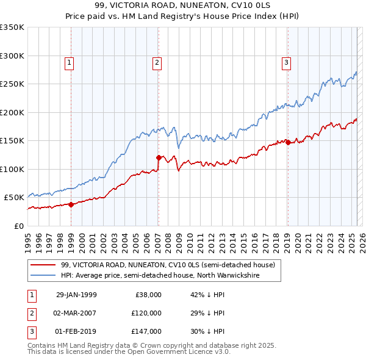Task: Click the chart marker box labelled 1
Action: [69, 62]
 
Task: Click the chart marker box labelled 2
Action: [157, 62]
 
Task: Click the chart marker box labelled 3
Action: [286, 62]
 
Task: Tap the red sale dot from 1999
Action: [71, 204]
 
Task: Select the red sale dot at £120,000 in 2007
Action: [159, 157]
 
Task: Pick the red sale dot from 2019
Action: [288, 142]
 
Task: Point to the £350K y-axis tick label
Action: [12, 27]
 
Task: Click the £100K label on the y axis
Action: [12, 169]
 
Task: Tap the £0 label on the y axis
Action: [18, 226]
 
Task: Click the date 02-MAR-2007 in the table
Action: [76, 313]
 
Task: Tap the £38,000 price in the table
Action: [146, 295]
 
